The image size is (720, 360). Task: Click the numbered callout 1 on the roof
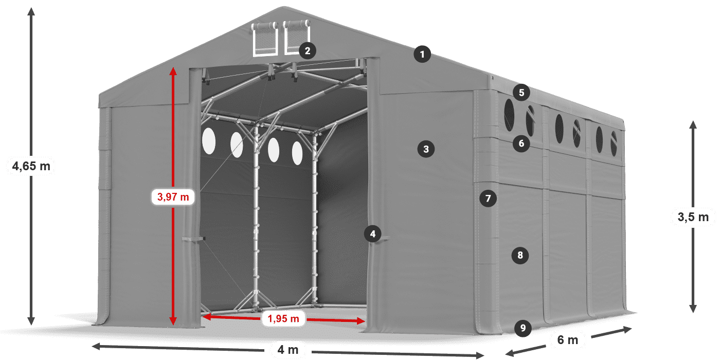(422, 55)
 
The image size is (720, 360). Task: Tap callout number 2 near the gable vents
(308, 51)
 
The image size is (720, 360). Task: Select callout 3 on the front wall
(426, 149)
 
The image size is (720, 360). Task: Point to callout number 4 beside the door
(372, 233)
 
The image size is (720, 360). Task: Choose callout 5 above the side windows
(521, 93)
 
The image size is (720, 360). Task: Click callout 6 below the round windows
(521, 143)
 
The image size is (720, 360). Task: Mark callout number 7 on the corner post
(488, 199)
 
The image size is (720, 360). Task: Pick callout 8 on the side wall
(520, 255)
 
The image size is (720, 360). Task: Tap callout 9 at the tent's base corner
(523, 328)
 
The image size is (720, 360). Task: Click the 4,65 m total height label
(31, 166)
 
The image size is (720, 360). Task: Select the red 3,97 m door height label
(173, 196)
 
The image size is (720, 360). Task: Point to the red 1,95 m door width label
(283, 318)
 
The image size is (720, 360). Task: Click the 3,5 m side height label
(693, 217)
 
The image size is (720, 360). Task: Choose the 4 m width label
(287, 349)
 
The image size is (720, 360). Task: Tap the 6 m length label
(568, 340)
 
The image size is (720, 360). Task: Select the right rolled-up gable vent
(296, 37)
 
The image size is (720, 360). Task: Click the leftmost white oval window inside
(209, 141)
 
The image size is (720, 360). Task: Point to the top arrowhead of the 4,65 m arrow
(31, 11)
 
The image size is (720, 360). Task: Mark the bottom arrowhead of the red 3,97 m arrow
(173, 320)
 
